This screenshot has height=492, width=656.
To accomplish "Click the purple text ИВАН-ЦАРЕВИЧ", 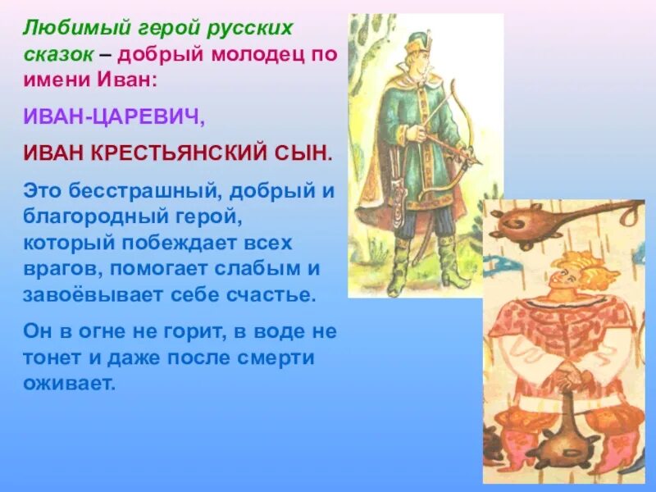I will pyautogui.click(x=113, y=118).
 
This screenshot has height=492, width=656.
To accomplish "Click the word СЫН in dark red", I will pyautogui.click(x=307, y=153).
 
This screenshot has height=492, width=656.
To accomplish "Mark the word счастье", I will pyautogui.click(x=271, y=295).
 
